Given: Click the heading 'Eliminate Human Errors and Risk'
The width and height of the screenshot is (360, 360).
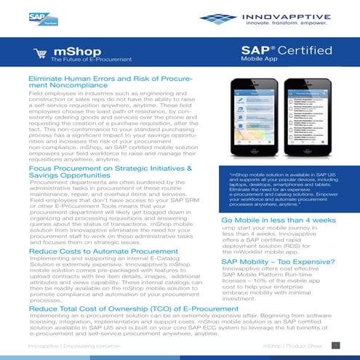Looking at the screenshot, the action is (109, 81).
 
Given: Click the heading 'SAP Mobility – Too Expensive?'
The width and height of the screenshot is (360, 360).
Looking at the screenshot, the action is (279, 260).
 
